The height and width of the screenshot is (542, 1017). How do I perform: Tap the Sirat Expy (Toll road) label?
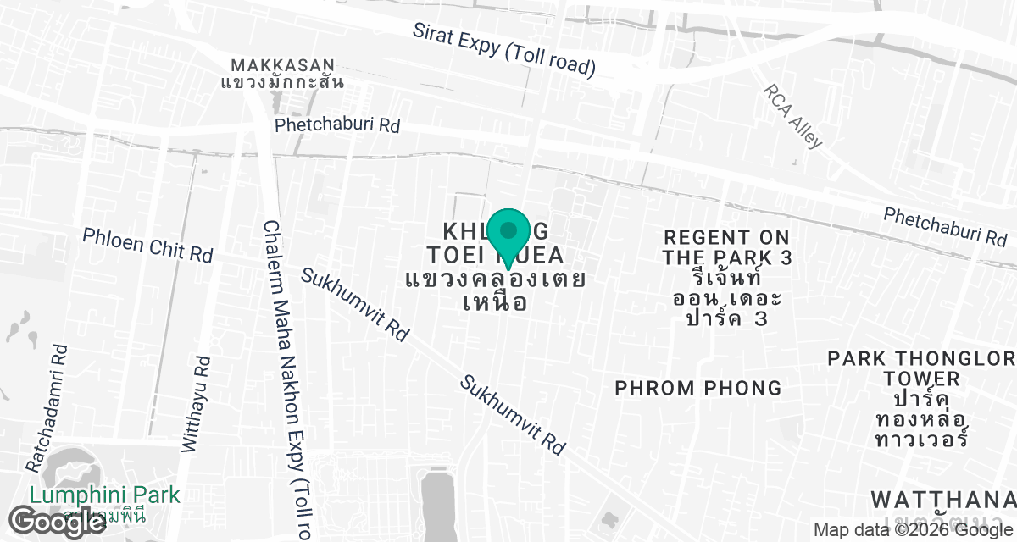504,47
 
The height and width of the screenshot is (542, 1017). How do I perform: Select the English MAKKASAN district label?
282,65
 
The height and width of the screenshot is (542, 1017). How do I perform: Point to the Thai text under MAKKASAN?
282,82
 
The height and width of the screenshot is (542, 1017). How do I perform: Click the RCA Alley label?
792,116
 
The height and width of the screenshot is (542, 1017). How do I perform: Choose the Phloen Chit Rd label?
147,244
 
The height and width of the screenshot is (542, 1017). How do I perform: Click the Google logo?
58,521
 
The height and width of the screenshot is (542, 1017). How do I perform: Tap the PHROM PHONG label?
698,388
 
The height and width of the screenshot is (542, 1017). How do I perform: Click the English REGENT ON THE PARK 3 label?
727,247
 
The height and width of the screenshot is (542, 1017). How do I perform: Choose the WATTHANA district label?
942,498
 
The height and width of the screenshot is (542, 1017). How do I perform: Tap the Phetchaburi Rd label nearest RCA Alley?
945,227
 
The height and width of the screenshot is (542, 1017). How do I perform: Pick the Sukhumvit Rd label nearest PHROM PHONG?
513,415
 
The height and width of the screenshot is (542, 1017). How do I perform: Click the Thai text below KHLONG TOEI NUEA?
496,290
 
